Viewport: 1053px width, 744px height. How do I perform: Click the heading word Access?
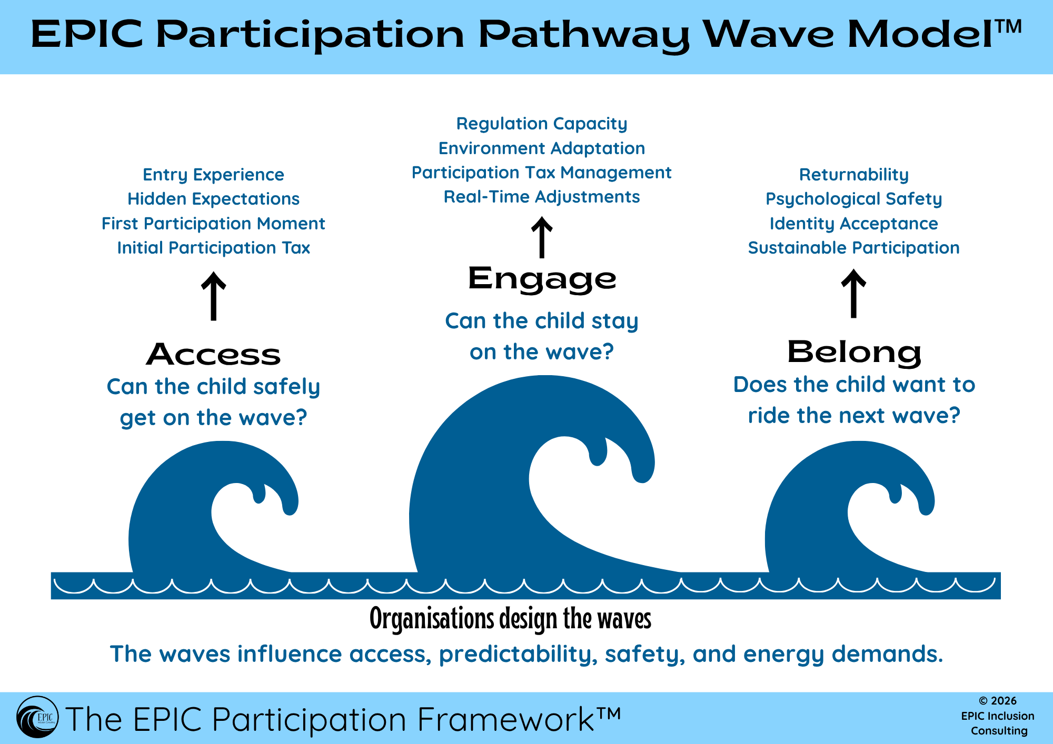click(213, 354)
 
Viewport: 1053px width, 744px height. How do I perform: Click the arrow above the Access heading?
click(213, 296)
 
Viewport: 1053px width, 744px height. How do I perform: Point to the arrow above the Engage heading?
click(542, 237)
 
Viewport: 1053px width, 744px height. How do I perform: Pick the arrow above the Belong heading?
click(853, 294)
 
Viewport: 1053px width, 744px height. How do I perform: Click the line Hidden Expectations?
click(213, 199)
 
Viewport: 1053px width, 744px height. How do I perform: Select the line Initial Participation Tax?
click(213, 248)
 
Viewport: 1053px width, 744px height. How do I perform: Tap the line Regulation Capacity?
click(542, 124)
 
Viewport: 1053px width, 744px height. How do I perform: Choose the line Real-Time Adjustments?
click(542, 197)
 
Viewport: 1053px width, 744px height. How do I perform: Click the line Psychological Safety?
click(853, 199)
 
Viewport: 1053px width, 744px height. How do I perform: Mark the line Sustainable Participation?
click(853, 248)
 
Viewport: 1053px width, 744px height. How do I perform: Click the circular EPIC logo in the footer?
click(37, 717)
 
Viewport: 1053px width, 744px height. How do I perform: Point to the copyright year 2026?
click(1004, 701)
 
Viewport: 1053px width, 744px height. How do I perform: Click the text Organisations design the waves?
click(510, 619)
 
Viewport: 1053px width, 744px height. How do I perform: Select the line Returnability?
click(853, 175)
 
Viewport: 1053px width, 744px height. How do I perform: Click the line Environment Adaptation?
click(542, 148)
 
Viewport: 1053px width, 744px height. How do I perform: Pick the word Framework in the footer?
click(505, 719)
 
